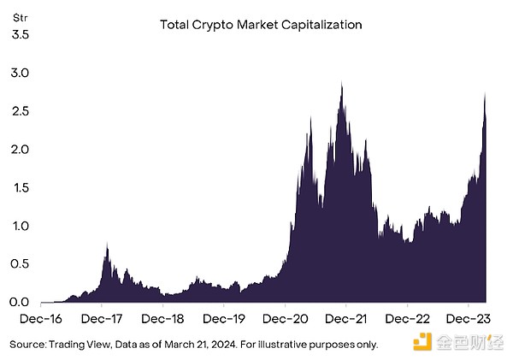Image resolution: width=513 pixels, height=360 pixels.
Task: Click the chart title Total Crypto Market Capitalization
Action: pos(261,25)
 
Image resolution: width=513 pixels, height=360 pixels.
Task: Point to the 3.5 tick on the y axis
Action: pos(20,35)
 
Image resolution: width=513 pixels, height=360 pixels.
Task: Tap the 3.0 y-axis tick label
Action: pos(20,74)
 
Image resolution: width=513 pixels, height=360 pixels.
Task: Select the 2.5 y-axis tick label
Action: pos(20,111)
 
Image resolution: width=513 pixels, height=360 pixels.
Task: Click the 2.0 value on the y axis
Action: pos(20,150)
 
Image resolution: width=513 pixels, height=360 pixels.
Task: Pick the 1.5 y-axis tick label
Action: pos(20,187)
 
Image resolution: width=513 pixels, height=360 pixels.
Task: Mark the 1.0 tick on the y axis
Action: pos(20,226)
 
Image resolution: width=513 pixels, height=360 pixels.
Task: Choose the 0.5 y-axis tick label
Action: pos(20,263)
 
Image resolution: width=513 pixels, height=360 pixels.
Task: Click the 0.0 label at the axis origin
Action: pos(20,302)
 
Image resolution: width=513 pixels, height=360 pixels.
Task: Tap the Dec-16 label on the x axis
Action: pos(39,319)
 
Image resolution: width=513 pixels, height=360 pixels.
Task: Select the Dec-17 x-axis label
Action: pos(101,319)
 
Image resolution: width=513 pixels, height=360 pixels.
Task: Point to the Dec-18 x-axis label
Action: pos(162,319)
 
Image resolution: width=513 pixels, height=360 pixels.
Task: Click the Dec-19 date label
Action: pos(224,319)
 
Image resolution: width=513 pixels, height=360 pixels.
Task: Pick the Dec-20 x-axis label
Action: pos(285,319)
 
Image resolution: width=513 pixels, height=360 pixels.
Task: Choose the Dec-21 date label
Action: pos(346,319)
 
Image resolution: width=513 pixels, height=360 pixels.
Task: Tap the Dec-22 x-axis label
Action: pos(407,319)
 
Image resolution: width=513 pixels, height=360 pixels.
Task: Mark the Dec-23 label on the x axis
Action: pos(469,319)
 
